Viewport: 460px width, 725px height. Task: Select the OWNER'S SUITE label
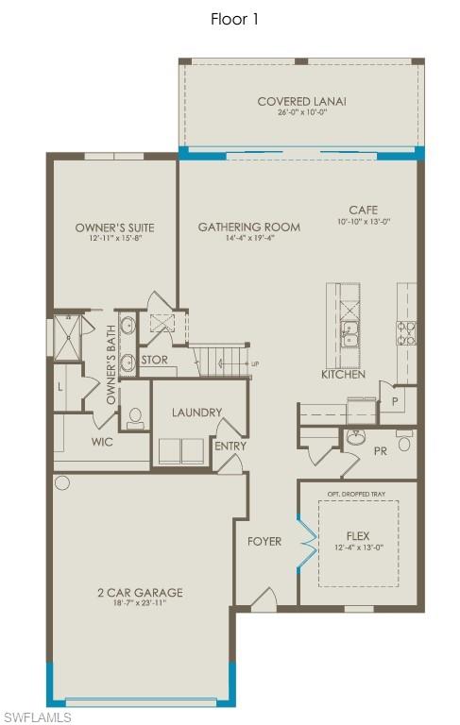pos(114,228)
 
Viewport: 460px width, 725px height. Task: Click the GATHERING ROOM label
pos(249,227)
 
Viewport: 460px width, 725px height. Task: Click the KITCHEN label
pos(343,375)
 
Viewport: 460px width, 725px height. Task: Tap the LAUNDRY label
pos(196,413)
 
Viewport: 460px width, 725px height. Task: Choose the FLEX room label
pos(358,536)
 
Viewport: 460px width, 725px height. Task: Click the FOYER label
pos(264,541)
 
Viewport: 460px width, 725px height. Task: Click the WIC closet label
pos(103,441)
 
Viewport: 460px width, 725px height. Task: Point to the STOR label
pos(154,360)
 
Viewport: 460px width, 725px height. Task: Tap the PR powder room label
pos(381,451)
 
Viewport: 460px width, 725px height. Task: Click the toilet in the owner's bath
pos(135,417)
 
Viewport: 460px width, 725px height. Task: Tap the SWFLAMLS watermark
pos(37,717)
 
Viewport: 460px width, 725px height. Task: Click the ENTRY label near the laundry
pos(230,447)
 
